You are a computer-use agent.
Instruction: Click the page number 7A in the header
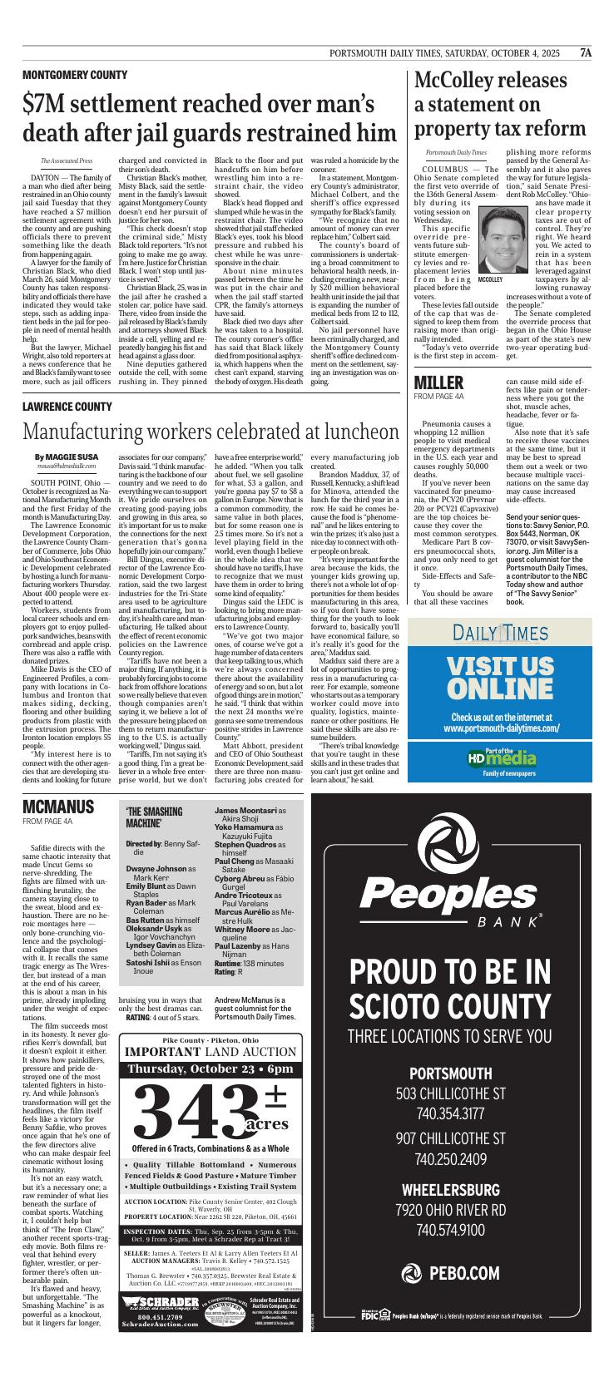point(586,52)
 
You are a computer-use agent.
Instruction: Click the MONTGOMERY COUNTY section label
point(75,76)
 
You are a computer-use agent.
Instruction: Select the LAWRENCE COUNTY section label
point(67,407)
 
